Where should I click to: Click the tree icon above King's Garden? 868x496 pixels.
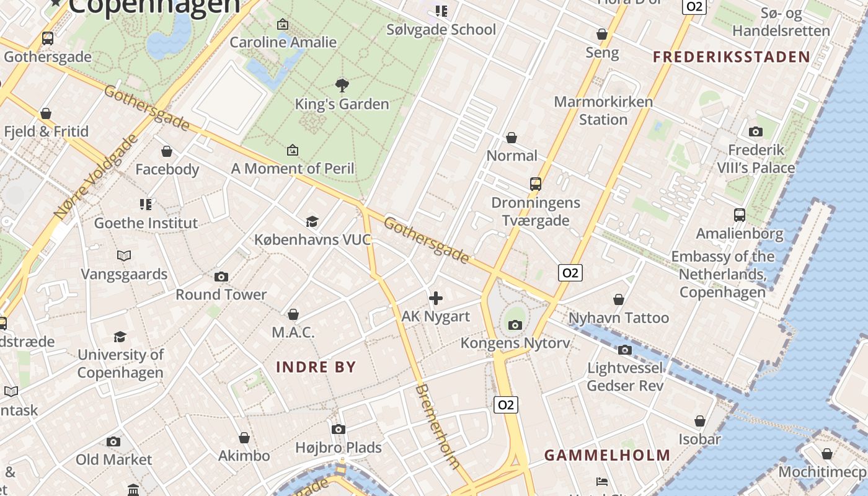tap(342, 85)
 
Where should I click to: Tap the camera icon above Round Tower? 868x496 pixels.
tap(221, 277)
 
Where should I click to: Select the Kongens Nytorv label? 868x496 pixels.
tap(515, 343)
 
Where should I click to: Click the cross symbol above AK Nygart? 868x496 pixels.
tap(436, 298)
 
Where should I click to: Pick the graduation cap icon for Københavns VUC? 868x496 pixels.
tap(312, 221)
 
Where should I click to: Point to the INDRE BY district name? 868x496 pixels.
tap(316, 366)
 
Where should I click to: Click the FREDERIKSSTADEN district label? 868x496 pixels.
tap(732, 57)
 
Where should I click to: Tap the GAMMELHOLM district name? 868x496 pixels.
tap(608, 455)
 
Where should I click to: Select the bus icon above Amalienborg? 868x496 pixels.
tap(739, 215)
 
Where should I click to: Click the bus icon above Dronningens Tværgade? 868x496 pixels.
tap(536, 184)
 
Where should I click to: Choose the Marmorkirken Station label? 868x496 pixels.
tap(603, 110)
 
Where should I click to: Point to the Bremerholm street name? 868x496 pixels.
tap(438, 427)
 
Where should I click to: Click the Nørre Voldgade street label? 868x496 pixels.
tap(96, 177)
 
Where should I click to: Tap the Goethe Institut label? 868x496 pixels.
tap(146, 223)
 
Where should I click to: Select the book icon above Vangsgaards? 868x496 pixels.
tap(124, 255)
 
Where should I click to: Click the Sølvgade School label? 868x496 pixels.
tap(441, 29)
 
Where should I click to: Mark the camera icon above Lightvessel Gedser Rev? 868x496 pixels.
tap(625, 350)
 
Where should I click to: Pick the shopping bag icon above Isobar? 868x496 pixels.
tap(700, 421)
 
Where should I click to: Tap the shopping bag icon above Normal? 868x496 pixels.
tap(511, 137)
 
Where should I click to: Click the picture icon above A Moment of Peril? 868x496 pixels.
tap(293, 150)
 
